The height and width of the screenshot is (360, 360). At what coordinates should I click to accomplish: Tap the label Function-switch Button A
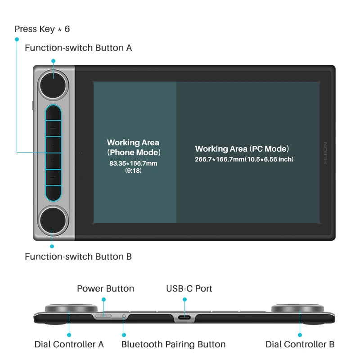78,48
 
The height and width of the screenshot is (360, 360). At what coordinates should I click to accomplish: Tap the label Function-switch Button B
78,257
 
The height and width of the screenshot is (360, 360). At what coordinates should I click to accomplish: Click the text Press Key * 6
42,29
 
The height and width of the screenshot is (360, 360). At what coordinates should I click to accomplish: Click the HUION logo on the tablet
325,153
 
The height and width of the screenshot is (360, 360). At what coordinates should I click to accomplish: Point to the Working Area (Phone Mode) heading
134,147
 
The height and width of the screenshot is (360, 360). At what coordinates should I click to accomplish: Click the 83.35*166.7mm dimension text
134,163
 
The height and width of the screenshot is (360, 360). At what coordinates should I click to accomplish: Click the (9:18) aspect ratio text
134,171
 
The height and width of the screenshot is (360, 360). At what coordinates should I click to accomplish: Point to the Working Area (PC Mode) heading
242,148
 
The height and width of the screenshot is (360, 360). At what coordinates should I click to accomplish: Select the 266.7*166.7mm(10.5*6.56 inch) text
244,159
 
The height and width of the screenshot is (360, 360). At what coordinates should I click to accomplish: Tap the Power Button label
105,288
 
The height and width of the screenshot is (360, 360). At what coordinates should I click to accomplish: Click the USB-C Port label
189,288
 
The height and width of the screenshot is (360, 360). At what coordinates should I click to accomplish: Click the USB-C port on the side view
184,317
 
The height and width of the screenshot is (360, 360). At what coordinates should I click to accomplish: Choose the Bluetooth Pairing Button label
173,344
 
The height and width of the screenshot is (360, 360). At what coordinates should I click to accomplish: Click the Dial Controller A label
69,344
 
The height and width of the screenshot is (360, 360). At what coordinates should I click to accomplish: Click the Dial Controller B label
300,344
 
